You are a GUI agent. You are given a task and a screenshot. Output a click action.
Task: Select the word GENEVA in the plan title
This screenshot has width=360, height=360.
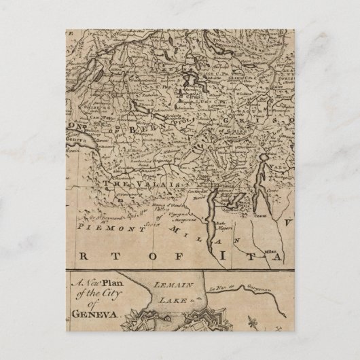pos(94,315)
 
